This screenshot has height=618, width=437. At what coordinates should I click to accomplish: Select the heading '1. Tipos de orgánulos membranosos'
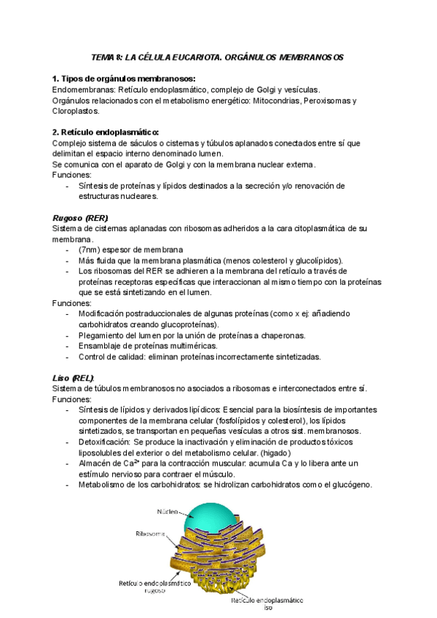click(x=123, y=79)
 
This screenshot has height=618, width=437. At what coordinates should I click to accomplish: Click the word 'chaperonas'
click(x=280, y=335)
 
